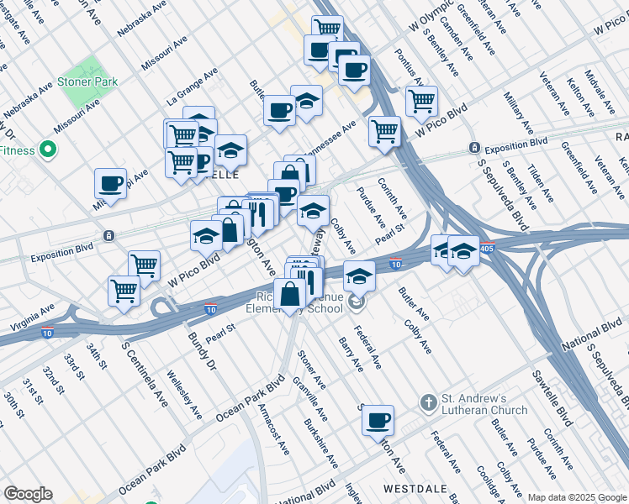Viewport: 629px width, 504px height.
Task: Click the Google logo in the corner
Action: coord(28,494)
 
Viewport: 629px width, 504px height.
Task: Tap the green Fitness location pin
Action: coord(48,151)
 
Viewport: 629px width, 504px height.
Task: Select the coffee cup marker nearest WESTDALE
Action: coord(378,419)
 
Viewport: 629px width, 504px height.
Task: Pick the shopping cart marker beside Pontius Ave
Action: coord(421,102)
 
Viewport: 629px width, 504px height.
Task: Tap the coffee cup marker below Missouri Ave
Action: coord(110,183)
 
